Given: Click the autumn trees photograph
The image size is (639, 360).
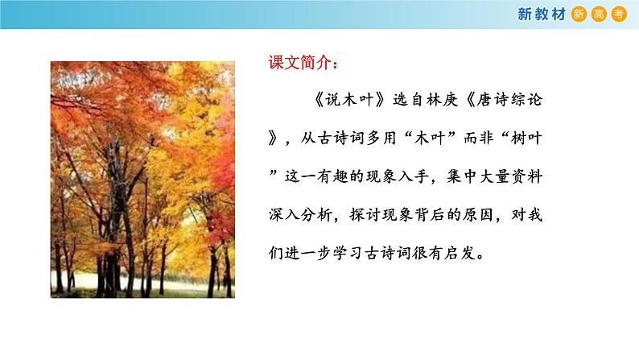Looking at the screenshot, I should click(x=142, y=179).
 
